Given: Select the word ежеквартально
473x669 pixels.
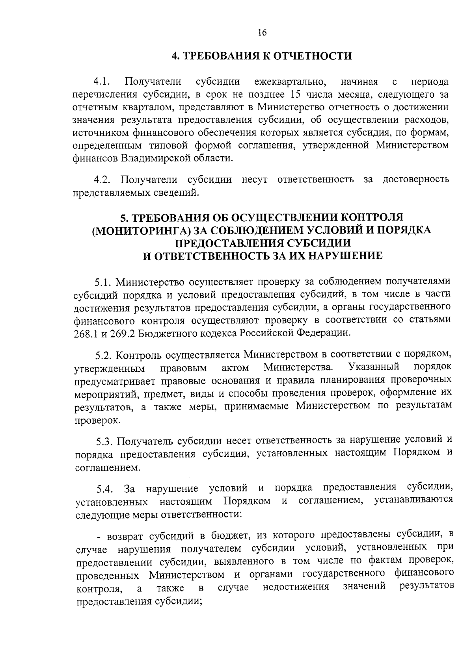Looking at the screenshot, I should (x=290, y=82).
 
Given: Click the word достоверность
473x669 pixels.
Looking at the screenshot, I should (x=415, y=180).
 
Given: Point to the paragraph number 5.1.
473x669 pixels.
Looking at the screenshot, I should (x=104, y=282).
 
